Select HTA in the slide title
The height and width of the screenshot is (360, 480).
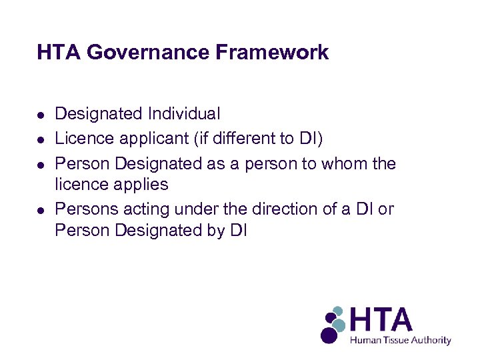coord(58,52)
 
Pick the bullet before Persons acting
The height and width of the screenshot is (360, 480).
coord(41,210)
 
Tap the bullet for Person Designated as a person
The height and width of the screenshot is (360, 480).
coord(41,164)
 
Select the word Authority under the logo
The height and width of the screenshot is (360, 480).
coord(431,340)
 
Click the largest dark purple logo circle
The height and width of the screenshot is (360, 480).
coord(329,334)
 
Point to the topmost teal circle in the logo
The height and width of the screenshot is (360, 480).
coord(338,311)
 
